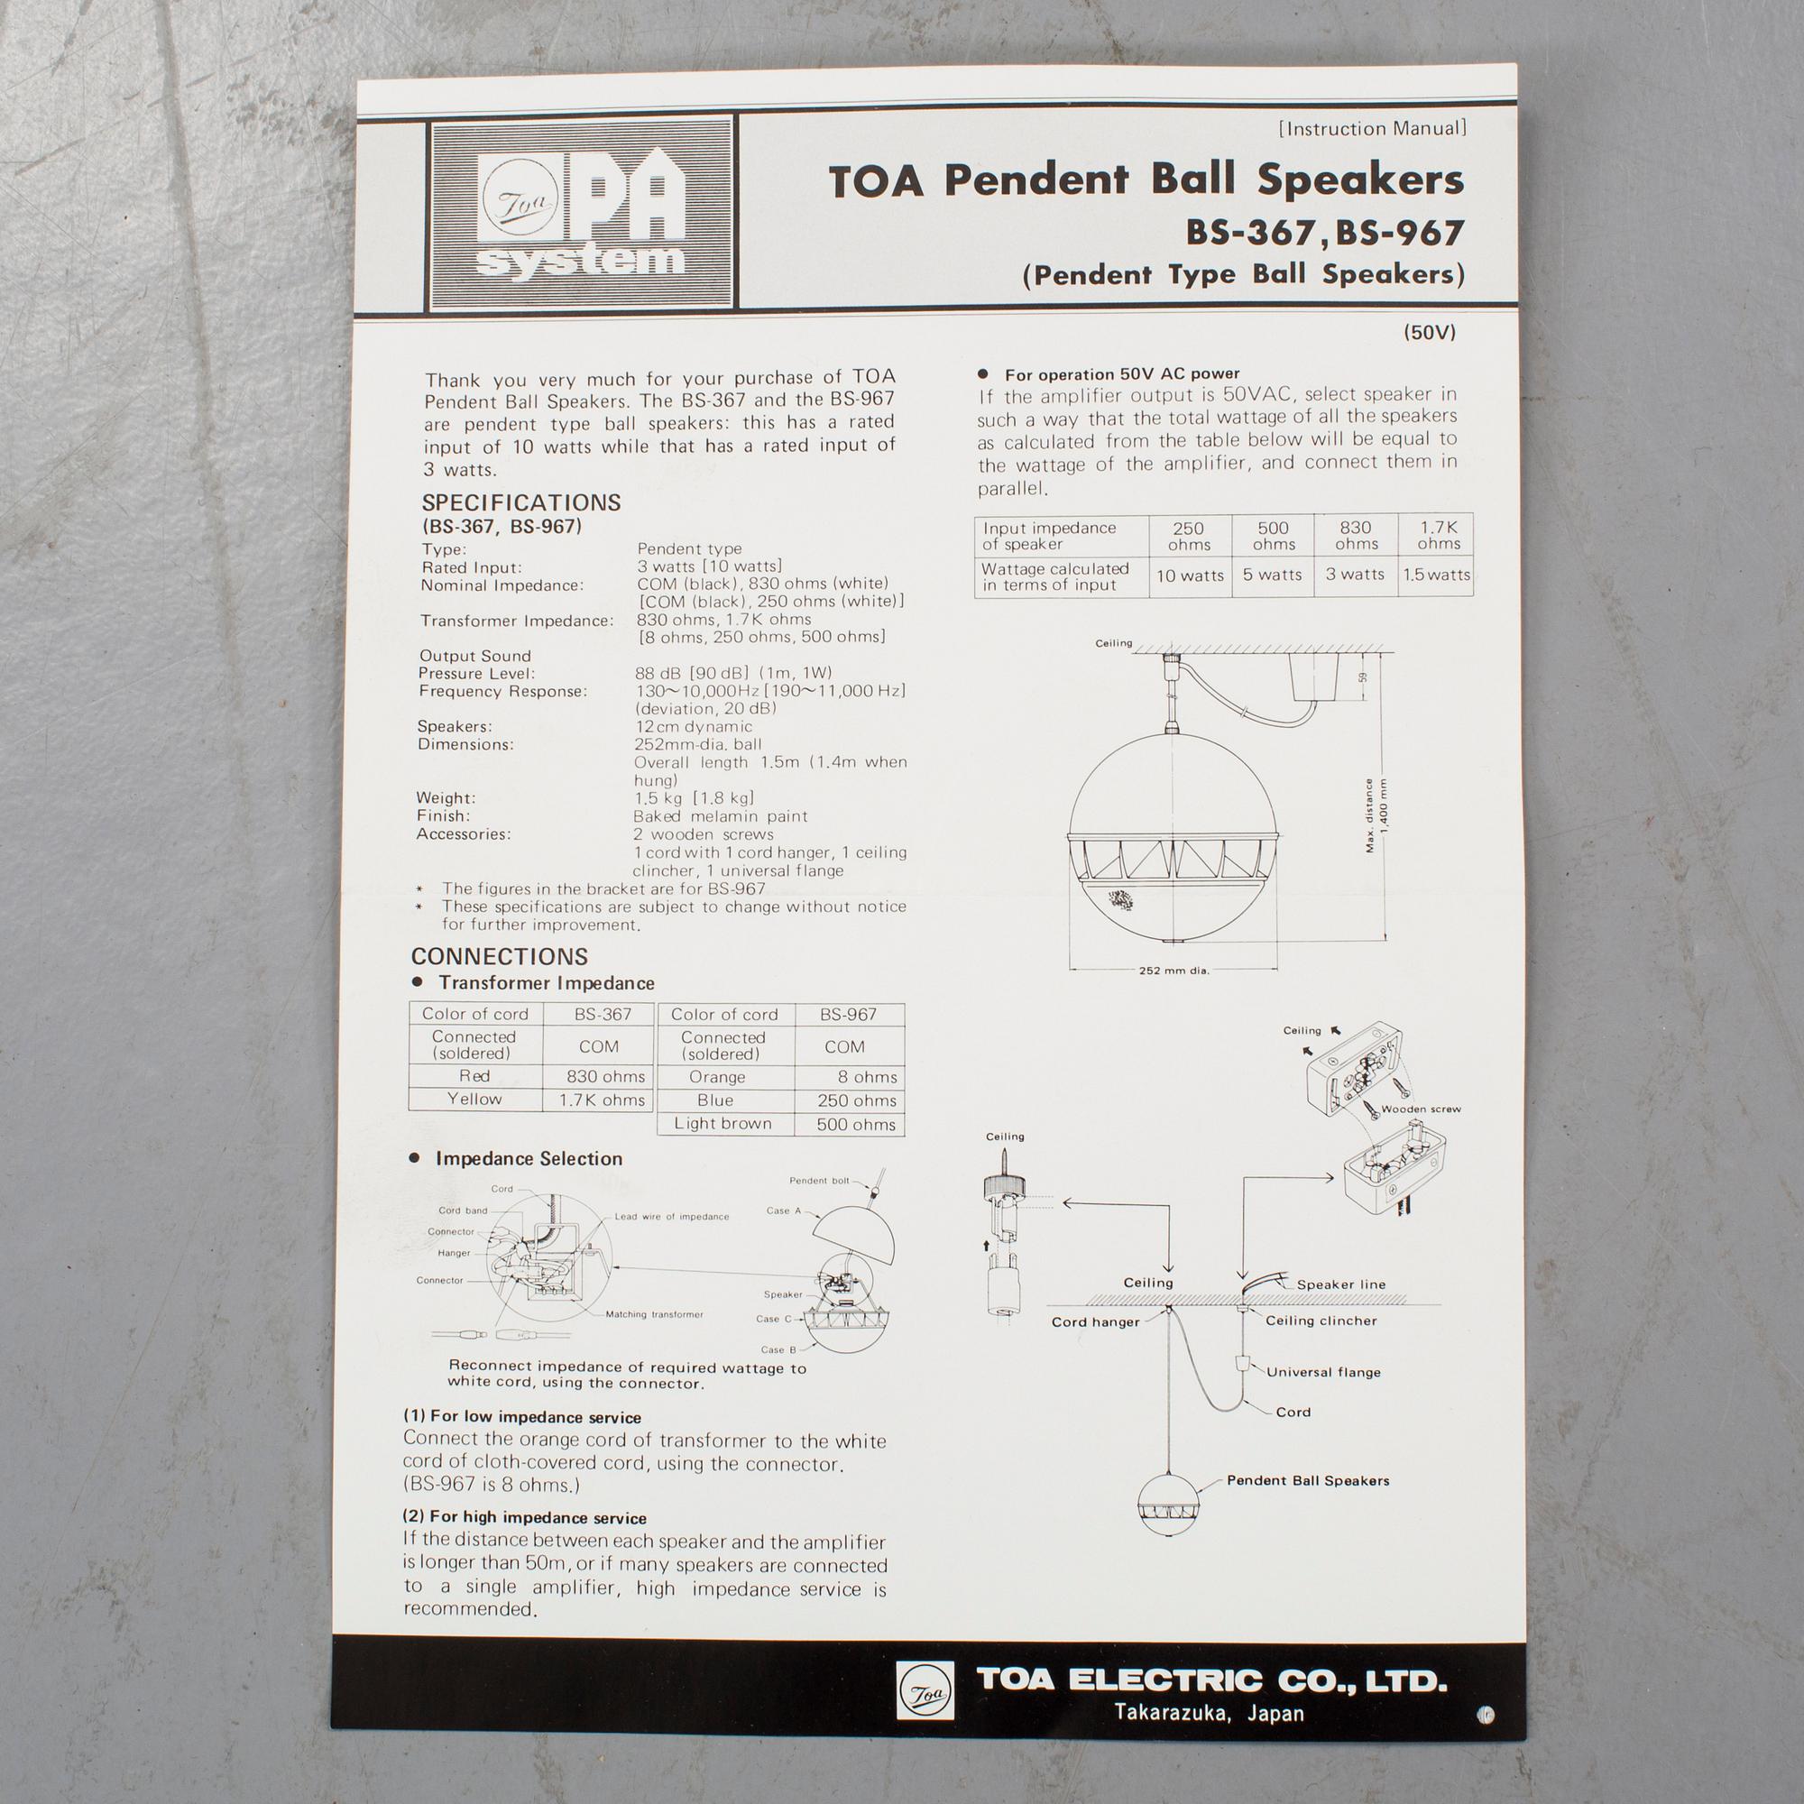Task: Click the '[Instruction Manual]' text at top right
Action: click(1373, 129)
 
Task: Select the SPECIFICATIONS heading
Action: click(521, 502)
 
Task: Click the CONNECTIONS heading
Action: click(500, 956)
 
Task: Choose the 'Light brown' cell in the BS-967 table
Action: click(723, 1123)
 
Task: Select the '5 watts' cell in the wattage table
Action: click(1272, 575)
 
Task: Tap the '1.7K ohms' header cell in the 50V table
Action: click(1439, 535)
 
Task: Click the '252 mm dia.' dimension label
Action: click(1174, 971)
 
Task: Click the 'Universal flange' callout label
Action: click(1323, 1372)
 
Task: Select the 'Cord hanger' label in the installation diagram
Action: click(1095, 1322)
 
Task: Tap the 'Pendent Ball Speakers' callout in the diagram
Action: click(1307, 1480)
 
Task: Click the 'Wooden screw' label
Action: click(1422, 1109)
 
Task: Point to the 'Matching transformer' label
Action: click(655, 1314)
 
